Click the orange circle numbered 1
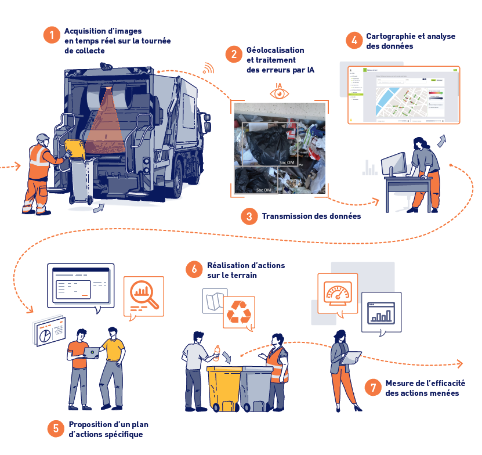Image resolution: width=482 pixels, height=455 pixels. click(52, 35)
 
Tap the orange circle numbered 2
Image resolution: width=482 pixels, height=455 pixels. click(234, 55)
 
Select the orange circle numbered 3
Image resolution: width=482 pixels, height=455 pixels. click(249, 216)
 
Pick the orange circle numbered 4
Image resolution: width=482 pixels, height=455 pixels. click(354, 41)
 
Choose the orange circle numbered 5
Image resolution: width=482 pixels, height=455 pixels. click(56, 429)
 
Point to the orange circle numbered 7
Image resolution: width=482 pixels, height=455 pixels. click(372, 388)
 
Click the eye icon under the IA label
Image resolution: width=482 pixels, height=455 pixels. click(280, 93)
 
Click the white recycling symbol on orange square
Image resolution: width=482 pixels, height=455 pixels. click(238, 312)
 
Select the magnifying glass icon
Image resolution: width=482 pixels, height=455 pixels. click(143, 293)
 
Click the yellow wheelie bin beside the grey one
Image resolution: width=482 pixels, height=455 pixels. click(224, 386)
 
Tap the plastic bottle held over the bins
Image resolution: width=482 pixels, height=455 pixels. click(218, 352)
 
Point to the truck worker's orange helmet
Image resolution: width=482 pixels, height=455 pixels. click(42, 138)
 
